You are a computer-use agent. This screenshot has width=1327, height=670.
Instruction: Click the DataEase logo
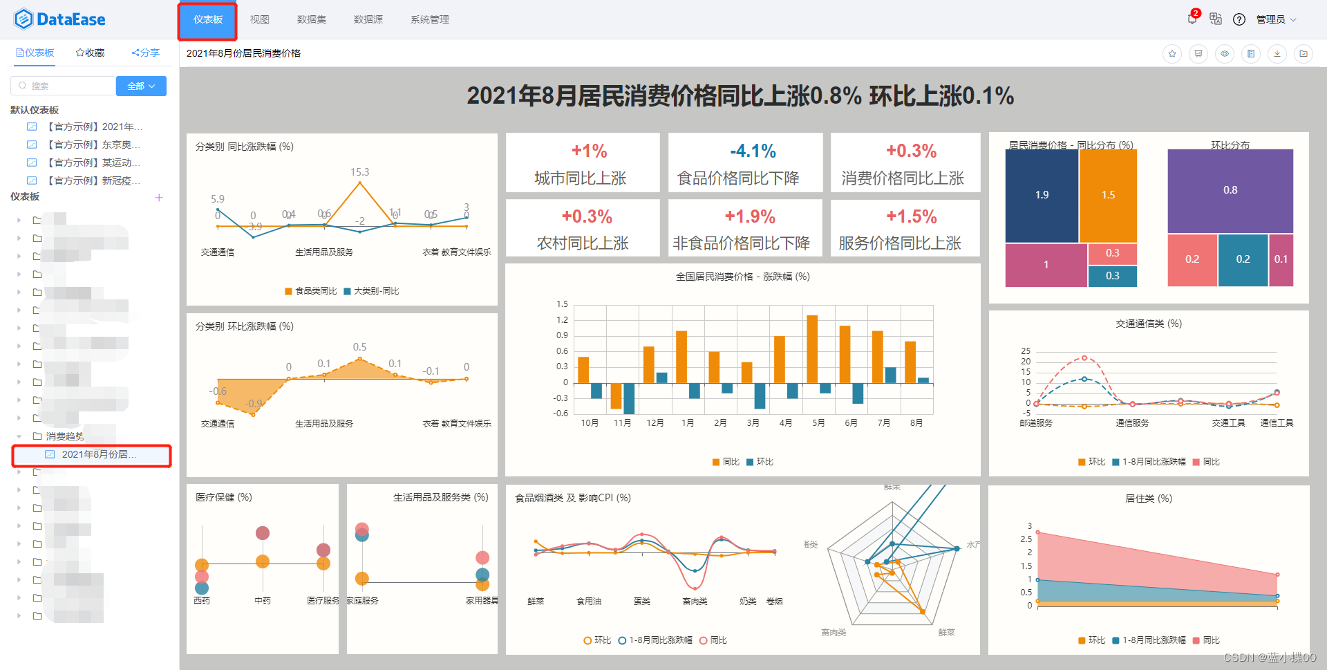pyautogui.click(x=59, y=19)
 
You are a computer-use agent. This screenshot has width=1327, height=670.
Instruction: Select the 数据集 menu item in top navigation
pyautogui.click(x=311, y=19)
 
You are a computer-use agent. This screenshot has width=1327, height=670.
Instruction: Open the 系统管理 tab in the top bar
pyautogui.click(x=429, y=19)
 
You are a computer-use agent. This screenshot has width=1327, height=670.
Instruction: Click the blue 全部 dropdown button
pyautogui.click(x=141, y=86)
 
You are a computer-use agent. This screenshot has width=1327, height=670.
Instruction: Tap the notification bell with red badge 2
pyautogui.click(x=1192, y=19)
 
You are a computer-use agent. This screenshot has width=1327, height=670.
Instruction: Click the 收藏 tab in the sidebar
pyautogui.click(x=91, y=53)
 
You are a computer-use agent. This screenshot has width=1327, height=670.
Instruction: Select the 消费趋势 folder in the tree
pyautogui.click(x=64, y=436)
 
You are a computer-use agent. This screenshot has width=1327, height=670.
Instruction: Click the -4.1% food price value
pyautogui.click(x=753, y=151)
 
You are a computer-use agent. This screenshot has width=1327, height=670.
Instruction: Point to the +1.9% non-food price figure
pyautogui.click(x=749, y=216)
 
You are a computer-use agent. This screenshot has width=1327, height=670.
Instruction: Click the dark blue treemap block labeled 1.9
pyautogui.click(x=1042, y=195)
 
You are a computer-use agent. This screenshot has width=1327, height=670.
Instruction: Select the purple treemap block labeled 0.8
pyautogui.click(x=1230, y=190)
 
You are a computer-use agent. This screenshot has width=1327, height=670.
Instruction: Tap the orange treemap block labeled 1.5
pyautogui.click(x=1108, y=195)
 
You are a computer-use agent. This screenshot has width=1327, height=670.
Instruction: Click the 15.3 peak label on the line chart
pyautogui.click(x=359, y=171)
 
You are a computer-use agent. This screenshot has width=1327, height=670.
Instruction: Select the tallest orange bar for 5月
pyautogui.click(x=812, y=348)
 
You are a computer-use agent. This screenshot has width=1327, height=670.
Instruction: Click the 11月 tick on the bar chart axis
pyautogui.click(x=622, y=422)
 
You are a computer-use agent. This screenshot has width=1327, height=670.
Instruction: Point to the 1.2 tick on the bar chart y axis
pyautogui.click(x=562, y=319)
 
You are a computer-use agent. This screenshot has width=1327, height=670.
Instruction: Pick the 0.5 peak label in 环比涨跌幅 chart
pyautogui.click(x=359, y=346)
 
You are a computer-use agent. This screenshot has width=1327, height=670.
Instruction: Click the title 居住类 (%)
pyautogui.click(x=1148, y=498)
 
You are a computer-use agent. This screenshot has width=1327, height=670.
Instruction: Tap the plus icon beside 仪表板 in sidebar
pyautogui.click(x=159, y=197)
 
